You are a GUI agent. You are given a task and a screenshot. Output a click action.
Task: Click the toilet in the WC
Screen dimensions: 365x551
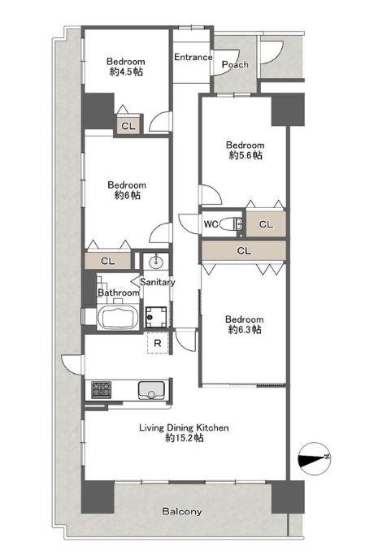231,223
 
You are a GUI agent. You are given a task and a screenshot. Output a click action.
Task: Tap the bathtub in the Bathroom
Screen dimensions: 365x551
117,317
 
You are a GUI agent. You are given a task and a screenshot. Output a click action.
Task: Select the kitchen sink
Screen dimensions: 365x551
151,390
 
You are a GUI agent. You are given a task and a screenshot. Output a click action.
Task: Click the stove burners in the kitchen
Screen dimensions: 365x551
102,390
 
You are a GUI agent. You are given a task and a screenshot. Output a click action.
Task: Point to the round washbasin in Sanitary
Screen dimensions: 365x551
155,262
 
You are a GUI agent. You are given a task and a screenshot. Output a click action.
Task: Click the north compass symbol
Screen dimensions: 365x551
314,458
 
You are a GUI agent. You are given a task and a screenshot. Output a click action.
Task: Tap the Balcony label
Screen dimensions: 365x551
182,511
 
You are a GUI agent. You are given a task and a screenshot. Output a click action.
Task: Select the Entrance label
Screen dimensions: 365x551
193,57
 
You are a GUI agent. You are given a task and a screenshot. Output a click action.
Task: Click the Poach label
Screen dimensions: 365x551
235,65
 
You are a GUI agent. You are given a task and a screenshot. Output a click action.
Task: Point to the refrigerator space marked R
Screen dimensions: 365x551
158,343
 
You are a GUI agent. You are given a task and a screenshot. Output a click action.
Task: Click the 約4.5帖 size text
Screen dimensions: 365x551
126,72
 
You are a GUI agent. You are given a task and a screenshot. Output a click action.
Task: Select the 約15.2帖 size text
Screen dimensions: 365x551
185,438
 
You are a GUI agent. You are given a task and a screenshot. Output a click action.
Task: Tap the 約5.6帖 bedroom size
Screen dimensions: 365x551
246,155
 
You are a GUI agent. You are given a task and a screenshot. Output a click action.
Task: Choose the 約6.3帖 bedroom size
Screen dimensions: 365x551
245,329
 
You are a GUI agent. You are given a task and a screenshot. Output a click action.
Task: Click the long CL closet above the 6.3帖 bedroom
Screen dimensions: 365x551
244,251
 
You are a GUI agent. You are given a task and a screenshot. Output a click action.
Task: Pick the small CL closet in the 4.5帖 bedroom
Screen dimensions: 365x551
128,125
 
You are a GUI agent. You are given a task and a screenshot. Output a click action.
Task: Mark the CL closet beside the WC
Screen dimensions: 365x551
266,223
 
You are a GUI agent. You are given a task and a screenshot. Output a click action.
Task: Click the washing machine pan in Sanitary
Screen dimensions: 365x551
156,317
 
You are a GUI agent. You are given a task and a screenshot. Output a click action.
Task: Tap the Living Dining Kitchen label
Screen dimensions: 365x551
184,427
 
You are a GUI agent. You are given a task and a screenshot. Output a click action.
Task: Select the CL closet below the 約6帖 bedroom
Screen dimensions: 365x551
107,261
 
